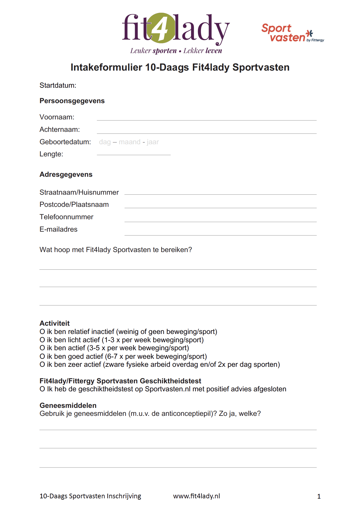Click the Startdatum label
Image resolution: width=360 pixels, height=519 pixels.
pyautogui.click(x=58, y=85)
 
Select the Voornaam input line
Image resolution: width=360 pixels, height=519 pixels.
pyautogui.click(x=206, y=118)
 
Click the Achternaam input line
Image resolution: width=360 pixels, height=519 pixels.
pyautogui.click(x=206, y=131)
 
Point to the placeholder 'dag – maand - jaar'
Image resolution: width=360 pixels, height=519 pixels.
pyautogui.click(x=129, y=142)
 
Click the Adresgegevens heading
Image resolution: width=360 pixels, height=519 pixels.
pyautogui.click(x=66, y=175)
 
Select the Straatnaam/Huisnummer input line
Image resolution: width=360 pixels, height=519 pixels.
pyautogui.click(x=220, y=192)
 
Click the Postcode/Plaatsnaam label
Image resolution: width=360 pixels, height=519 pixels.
pyautogui.click(x=74, y=205)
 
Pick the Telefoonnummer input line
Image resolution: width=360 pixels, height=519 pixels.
pyautogui.click(x=220, y=220)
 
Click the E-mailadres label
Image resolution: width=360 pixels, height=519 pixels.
pyautogui.click(x=58, y=229)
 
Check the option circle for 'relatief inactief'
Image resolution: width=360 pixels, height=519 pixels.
pyautogui.click(x=42, y=332)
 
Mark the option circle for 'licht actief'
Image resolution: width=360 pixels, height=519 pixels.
pyautogui.click(x=42, y=340)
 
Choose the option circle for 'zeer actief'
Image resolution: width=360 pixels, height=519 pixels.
pyautogui.click(x=42, y=365)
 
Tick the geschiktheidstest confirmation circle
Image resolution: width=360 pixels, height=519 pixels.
pyautogui.click(x=42, y=389)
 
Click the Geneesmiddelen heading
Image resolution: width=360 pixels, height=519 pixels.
pyautogui.click(x=68, y=405)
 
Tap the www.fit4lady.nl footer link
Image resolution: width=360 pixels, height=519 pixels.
pyautogui.click(x=197, y=496)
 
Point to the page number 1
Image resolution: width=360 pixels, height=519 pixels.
pyautogui.click(x=319, y=497)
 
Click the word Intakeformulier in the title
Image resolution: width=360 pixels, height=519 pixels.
pyautogui.click(x=106, y=68)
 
